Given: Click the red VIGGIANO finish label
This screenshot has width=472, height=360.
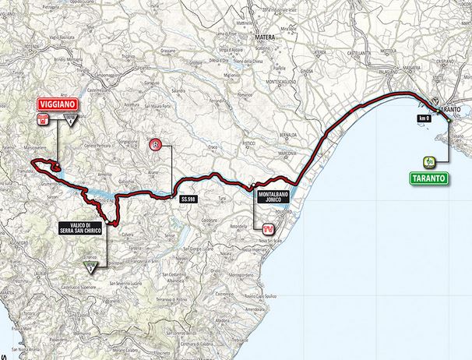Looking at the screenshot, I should click(58, 103).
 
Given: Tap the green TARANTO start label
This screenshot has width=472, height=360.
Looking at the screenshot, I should click(429, 178).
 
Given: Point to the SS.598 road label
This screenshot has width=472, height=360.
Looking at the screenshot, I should click(187, 199).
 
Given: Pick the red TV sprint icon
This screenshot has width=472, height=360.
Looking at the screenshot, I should click(268, 230).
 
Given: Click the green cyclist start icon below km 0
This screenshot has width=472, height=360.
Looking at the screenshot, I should click(429, 162).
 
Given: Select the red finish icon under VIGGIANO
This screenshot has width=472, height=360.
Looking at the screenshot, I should click(44, 119).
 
